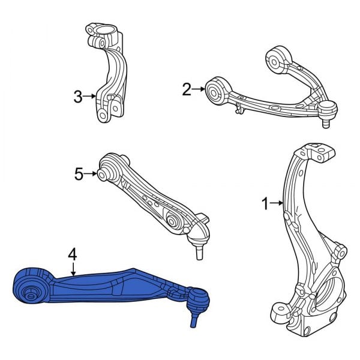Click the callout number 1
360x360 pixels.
[265, 205]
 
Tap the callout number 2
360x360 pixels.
[187, 90]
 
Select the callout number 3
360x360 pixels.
[77, 95]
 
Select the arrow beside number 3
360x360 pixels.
[90, 95]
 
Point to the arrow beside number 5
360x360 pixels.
[91, 174]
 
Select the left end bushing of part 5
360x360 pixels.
[103, 174]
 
